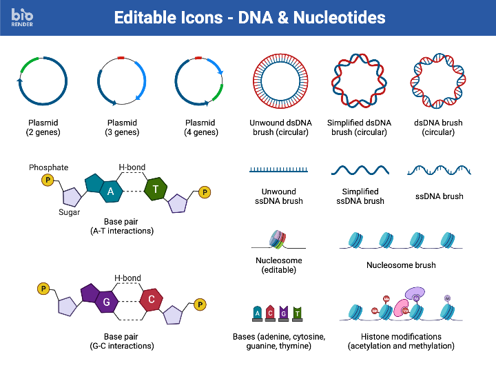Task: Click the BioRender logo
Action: [23, 16]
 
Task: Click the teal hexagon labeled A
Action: [110, 191]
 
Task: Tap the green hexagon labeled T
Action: [156, 189]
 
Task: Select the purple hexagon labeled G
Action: [107, 302]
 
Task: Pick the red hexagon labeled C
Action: [151, 300]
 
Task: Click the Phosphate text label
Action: [48, 167]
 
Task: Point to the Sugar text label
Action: [69, 213]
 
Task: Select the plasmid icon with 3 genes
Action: [121, 81]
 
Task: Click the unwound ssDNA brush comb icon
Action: [278, 169]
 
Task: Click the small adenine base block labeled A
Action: [258, 314]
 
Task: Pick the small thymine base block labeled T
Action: [297, 314]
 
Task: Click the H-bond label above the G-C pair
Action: [127, 278]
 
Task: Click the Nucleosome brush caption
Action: [401, 265]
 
